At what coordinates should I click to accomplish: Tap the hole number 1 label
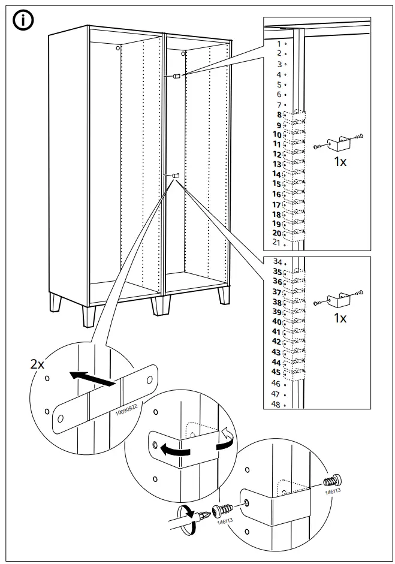click(278, 44)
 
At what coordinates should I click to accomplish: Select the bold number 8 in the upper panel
click(278, 114)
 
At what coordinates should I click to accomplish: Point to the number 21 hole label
click(276, 242)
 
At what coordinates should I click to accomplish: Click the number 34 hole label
click(277, 262)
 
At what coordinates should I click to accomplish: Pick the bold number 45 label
click(276, 372)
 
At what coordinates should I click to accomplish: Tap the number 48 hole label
click(276, 405)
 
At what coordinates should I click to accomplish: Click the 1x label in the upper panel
click(340, 162)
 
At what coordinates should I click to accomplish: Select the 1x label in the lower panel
click(340, 318)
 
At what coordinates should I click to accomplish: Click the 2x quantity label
click(37, 364)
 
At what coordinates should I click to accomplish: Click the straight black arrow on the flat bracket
click(92, 379)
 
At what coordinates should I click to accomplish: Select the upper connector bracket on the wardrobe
click(175, 76)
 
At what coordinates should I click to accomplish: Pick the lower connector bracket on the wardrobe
click(174, 175)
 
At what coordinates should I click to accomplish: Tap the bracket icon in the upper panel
click(339, 142)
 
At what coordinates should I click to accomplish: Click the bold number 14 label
click(276, 174)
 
